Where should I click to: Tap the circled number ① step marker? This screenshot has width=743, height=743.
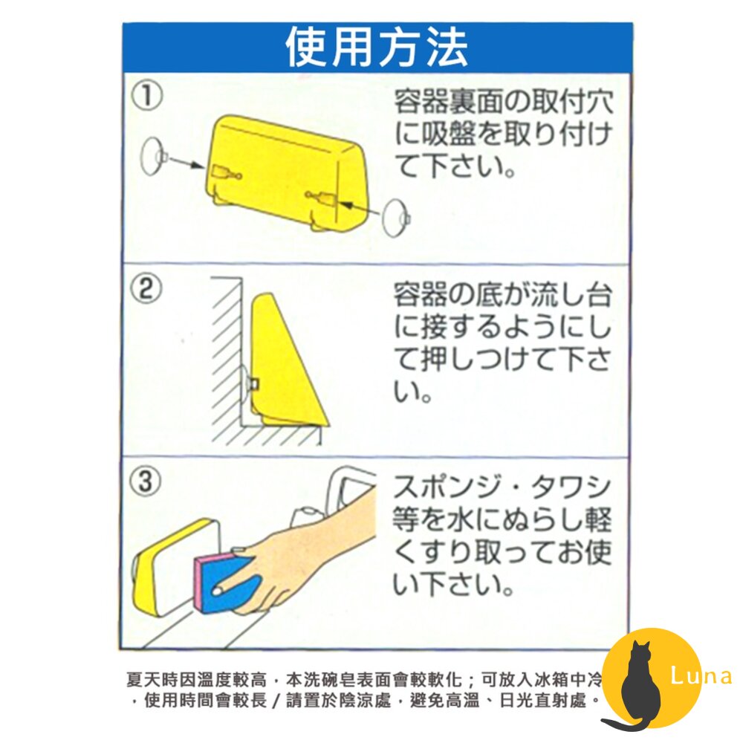(x=146, y=97)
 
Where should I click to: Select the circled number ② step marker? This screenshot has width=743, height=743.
(x=146, y=290)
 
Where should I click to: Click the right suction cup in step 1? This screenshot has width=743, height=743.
(x=395, y=217)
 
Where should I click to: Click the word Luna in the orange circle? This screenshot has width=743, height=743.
(x=701, y=677)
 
